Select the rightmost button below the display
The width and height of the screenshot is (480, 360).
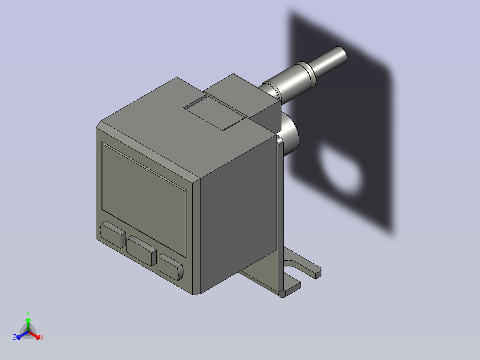click(x=170, y=267)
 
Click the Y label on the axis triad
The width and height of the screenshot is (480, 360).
click(x=28, y=313)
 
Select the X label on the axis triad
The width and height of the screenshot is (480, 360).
click(x=41, y=338)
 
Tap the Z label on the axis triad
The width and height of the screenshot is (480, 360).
click(x=15, y=338)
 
